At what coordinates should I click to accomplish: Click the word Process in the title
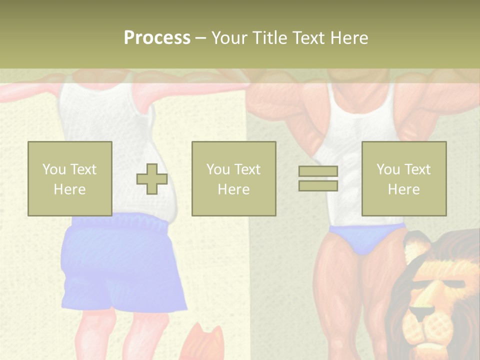(157, 38)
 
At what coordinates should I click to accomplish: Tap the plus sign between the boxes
(152, 178)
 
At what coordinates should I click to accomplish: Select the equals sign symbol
(318, 178)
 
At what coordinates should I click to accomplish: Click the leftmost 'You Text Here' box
(69, 178)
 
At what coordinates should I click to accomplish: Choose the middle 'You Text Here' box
(233, 178)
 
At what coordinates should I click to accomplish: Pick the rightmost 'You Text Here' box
(403, 178)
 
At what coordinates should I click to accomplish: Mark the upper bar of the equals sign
(318, 171)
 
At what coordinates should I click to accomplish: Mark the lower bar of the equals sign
(318, 185)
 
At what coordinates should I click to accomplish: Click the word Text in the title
(308, 38)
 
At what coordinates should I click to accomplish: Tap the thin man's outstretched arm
(30, 92)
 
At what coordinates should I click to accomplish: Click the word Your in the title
(228, 38)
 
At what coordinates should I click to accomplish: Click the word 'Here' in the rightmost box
(403, 189)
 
